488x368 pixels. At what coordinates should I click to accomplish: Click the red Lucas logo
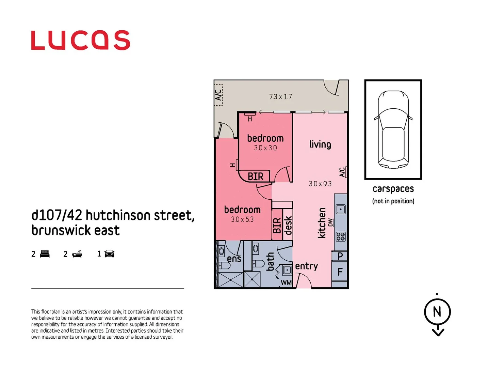point(80,40)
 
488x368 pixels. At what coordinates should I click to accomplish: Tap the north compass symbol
point(437,312)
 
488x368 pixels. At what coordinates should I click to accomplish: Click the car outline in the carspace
point(393,129)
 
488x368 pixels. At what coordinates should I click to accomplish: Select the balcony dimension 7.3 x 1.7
point(280,97)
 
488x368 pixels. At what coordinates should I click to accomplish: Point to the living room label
point(320,144)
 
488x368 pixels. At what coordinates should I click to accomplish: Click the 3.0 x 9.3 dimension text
point(320,184)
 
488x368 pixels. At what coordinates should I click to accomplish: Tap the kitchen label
point(322,223)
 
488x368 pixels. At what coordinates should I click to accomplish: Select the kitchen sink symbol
point(341,209)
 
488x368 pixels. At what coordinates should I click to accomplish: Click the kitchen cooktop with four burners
point(341,236)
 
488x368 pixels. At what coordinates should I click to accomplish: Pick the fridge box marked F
point(340,272)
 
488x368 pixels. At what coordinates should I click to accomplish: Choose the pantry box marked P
point(340,256)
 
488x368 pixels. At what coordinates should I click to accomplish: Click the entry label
point(306,266)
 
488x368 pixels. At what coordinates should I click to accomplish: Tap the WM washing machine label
point(286,282)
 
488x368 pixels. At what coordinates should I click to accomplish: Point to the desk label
point(288,225)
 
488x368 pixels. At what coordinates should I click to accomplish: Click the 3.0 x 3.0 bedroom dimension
point(265,148)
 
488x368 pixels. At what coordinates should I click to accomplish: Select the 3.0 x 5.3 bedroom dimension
point(242,219)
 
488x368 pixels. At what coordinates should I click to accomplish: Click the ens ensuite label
point(234,259)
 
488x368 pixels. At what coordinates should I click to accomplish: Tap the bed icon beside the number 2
point(45,254)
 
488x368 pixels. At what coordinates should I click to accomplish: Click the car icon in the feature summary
point(109,254)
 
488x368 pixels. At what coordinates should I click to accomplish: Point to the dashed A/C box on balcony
point(218,95)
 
